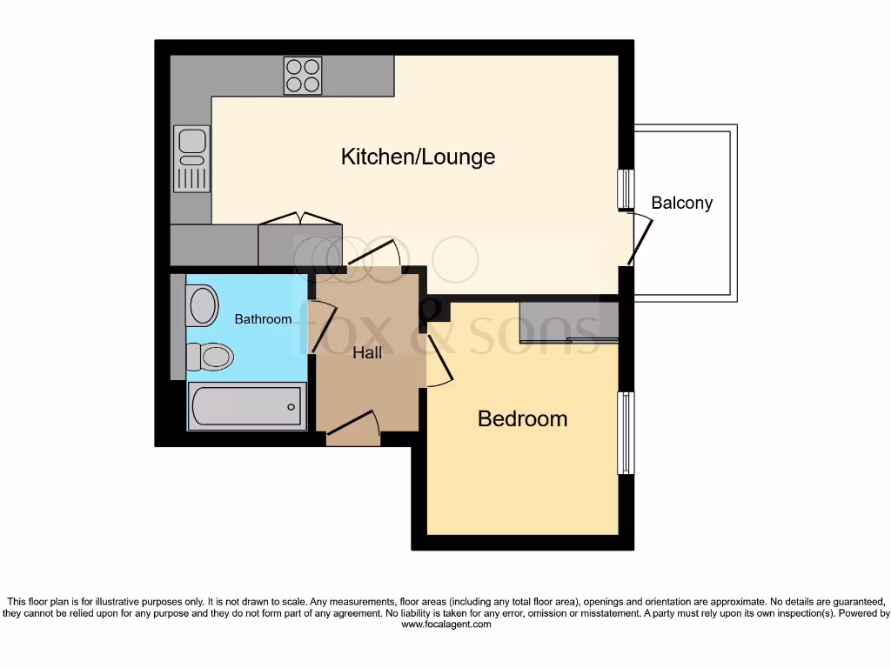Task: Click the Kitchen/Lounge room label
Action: (418, 157)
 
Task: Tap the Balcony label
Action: (681, 203)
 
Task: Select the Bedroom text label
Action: (522, 418)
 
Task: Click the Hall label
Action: (366, 352)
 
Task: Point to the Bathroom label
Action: (263, 319)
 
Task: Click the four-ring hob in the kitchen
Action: (302, 75)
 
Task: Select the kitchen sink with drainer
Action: (191, 158)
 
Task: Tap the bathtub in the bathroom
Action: (246, 405)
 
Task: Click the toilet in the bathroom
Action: (211, 356)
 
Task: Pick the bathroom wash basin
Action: (202, 305)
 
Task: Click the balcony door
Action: (639, 239)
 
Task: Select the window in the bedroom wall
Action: (626, 433)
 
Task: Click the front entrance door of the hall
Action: (354, 425)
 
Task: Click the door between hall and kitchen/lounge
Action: (374, 253)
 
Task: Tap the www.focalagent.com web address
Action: (445, 624)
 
